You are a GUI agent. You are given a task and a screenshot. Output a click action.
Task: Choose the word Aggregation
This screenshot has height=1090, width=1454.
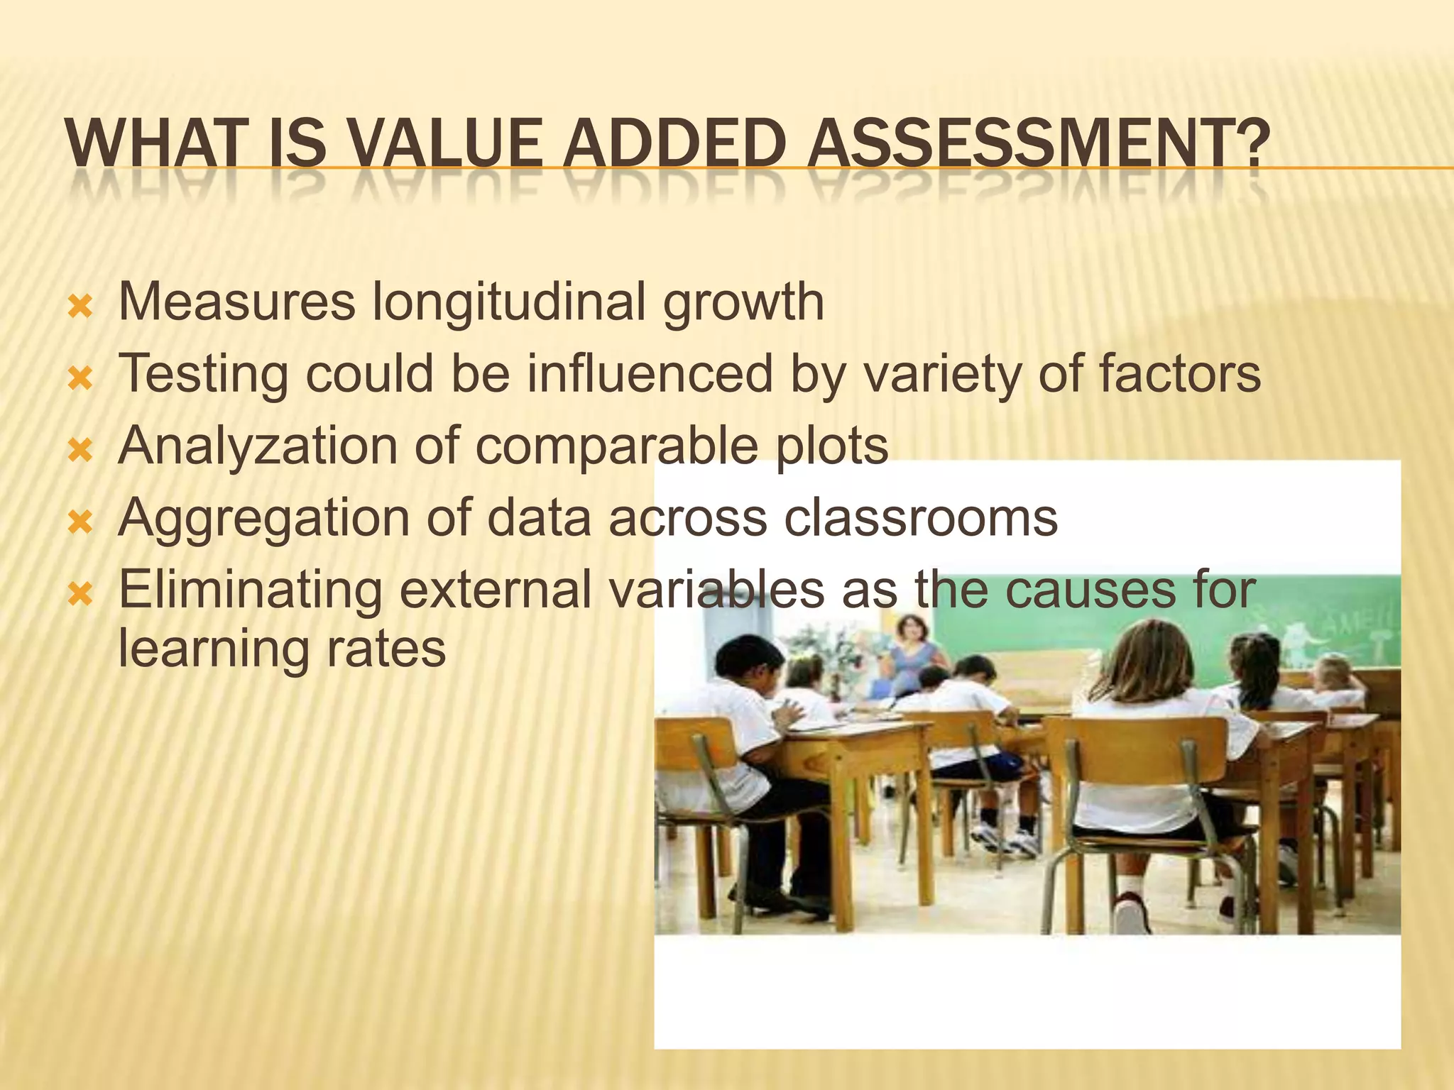click(263, 519)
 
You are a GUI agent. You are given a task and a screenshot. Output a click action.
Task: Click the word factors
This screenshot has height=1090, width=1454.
click(1179, 374)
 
